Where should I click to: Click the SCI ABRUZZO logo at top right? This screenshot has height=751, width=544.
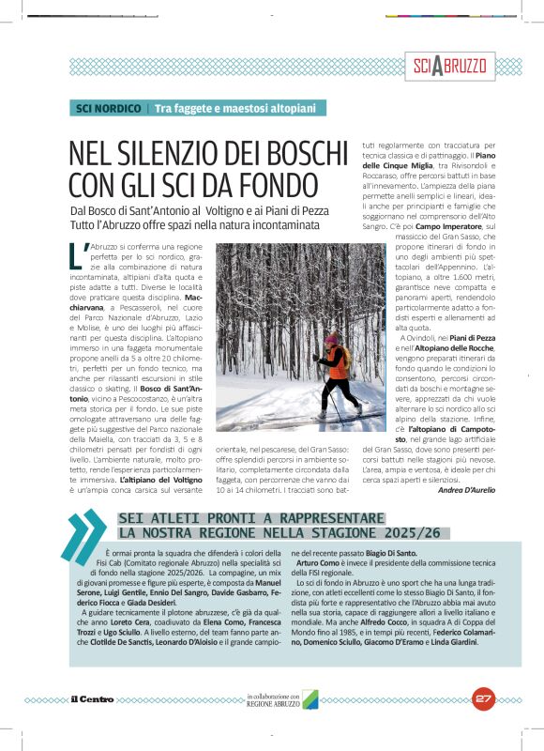click(450, 66)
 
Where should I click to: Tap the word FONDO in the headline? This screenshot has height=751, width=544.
click(278, 182)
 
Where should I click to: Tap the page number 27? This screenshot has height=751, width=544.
click(484, 697)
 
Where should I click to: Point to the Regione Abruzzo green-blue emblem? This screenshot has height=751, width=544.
click(310, 699)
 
